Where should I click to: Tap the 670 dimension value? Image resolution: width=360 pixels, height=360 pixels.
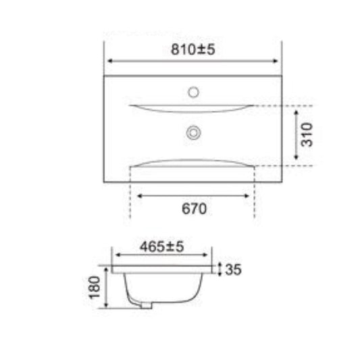pos(193,209)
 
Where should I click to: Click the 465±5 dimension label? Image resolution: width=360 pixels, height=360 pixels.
pos(162,247)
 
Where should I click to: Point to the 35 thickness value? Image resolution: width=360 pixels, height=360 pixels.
pos(233,270)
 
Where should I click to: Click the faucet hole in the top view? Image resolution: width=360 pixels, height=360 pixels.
pos(194,91)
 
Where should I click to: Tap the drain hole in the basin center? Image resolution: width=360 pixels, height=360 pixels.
pos(194,132)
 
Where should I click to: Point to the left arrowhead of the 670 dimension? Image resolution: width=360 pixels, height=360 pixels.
pos(140,196)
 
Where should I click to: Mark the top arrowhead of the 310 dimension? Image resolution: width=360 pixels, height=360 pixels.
pos(296,110)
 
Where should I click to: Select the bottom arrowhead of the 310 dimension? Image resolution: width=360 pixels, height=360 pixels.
pos(296,160)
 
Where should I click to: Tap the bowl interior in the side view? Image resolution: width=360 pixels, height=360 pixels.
pos(162,287)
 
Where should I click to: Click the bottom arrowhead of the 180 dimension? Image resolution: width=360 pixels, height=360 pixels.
pos(106,306)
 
